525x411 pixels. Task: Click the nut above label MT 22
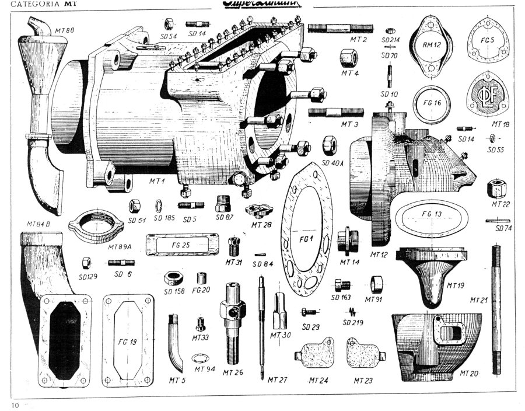coord(497,188)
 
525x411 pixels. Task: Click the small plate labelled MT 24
coord(316,353)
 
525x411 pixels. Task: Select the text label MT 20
coord(471,372)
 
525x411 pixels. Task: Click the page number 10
coord(15,403)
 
